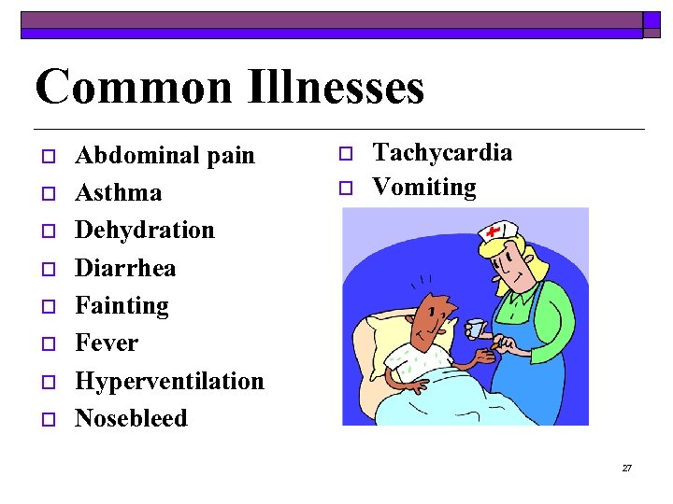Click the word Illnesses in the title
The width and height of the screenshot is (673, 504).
(337, 87)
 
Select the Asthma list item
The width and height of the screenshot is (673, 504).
(118, 192)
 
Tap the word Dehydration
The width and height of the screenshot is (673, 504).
(144, 230)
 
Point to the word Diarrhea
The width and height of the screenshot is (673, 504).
(124, 268)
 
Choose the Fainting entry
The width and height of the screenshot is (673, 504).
(122, 305)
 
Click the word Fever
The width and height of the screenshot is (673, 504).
(106, 343)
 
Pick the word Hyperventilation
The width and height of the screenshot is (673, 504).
(169, 381)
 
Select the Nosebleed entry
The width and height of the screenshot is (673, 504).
(131, 418)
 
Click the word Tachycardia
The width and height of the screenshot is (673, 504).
(442, 152)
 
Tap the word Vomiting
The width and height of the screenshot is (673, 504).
(423, 187)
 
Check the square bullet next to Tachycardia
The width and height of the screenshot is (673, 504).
(344, 153)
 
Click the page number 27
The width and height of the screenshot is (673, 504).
(626, 468)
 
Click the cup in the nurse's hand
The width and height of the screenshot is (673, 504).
(476, 329)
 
